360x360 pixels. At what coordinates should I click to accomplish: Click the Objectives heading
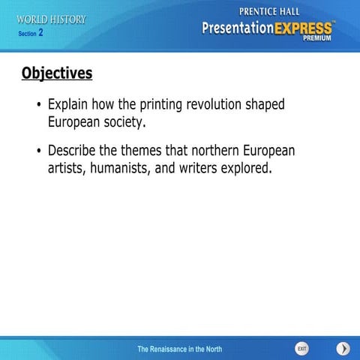[x=57, y=73]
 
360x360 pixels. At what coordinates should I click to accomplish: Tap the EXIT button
[x=301, y=349]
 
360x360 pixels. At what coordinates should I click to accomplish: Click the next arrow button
[x=343, y=349]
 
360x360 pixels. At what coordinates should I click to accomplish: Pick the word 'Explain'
[x=70, y=105]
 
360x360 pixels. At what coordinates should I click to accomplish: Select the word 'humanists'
[x=120, y=167]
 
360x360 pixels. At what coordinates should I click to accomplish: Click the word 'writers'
[x=197, y=167]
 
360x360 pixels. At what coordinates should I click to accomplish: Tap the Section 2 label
[x=31, y=33]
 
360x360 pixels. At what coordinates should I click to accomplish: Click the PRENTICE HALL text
[x=268, y=11]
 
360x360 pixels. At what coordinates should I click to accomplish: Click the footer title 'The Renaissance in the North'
[x=180, y=349]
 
